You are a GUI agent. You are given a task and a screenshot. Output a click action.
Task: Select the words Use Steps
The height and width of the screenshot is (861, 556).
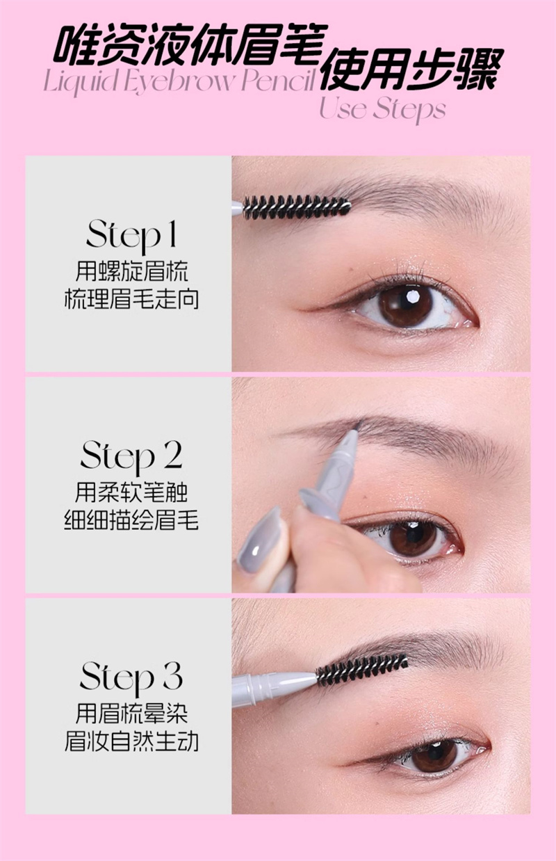[382, 109]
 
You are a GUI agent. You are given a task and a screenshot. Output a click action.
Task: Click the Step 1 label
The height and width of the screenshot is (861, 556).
[131, 236]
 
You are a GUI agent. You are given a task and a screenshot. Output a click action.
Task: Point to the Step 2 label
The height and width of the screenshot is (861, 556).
[131, 457]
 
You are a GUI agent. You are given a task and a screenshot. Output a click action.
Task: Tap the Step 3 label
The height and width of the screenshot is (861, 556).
[131, 677]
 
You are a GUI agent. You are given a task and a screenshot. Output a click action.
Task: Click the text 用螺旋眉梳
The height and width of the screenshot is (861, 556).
[131, 271]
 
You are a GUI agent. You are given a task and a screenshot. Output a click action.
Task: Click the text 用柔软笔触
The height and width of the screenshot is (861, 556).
[131, 492]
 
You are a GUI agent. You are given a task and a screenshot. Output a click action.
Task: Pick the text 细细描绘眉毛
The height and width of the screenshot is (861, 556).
[131, 521]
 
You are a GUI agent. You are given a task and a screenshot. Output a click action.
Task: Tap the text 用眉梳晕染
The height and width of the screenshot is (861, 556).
[131, 714]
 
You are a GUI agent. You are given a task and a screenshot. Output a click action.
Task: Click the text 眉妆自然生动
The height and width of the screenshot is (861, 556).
[131, 742]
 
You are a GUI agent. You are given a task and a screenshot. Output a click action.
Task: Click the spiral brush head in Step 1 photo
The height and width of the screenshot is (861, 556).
[297, 207]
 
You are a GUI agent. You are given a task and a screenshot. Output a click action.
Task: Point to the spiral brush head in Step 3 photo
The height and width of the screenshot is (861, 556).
[362, 670]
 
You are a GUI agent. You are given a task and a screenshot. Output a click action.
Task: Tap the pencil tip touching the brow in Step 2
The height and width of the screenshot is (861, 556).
[358, 425]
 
